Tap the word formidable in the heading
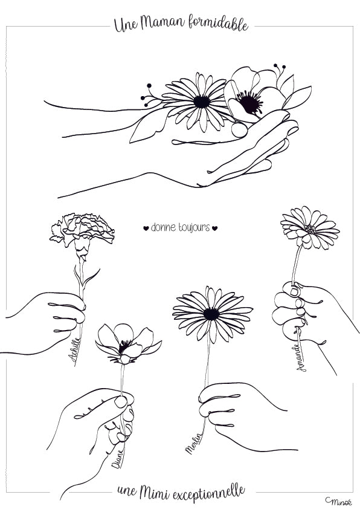(218, 24)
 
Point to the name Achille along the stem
(74, 349)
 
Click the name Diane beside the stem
(117, 459)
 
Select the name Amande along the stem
(301, 357)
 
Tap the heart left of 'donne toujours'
(146, 229)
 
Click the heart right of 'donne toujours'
(214, 229)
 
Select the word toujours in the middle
(194, 227)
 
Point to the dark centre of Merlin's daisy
(211, 314)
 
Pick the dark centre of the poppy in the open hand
(249, 102)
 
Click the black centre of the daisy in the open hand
(202, 102)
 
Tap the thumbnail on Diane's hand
(121, 402)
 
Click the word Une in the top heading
(126, 25)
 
